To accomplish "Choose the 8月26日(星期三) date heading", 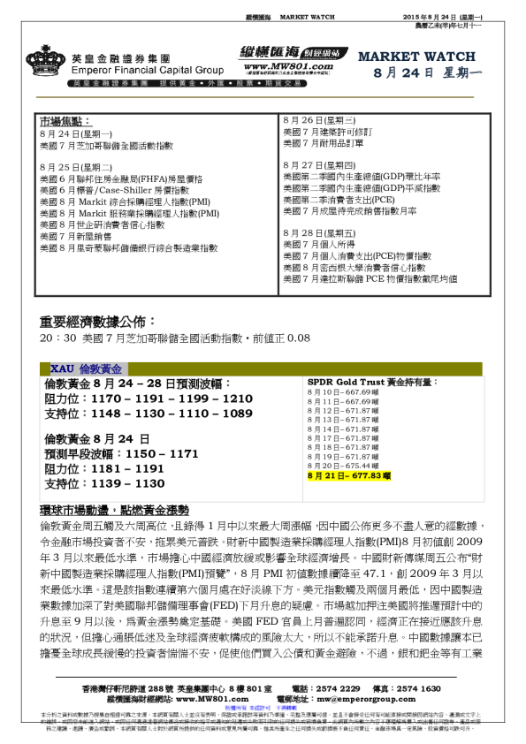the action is pos(318,119).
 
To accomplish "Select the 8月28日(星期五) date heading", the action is pos(318,233).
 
